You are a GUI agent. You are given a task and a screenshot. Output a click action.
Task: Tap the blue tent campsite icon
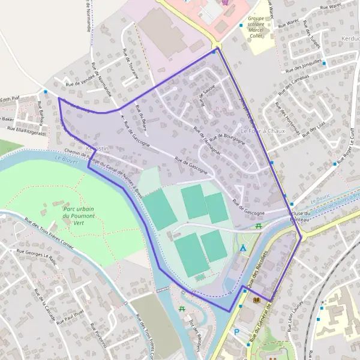tap(243, 247)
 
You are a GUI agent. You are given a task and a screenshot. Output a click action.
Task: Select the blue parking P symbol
tap(236, 331)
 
